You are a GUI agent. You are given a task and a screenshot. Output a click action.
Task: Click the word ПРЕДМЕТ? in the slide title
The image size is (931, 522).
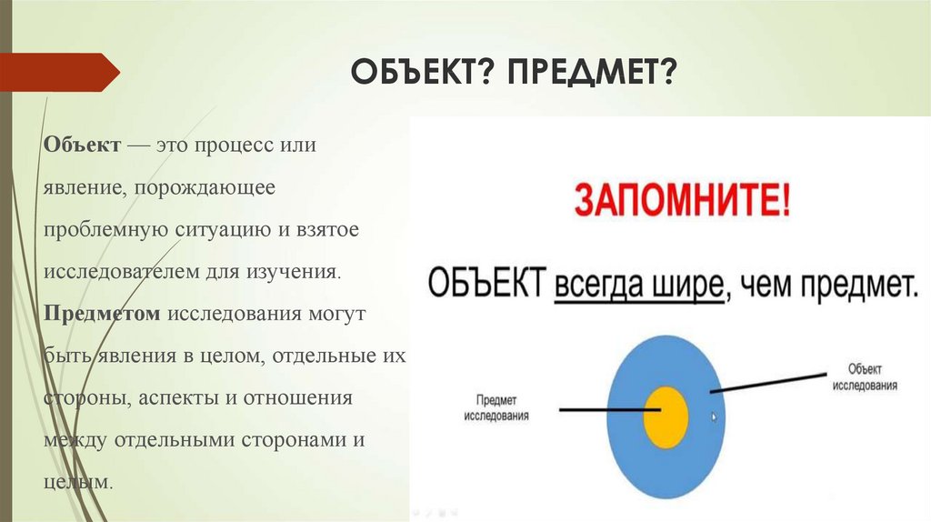pos(591,73)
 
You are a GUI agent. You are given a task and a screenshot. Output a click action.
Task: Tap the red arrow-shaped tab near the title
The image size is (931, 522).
pos(59,73)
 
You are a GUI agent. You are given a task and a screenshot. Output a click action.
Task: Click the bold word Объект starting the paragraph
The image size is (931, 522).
pos(82,145)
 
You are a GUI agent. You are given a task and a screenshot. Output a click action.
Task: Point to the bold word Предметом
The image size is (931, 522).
pos(102,314)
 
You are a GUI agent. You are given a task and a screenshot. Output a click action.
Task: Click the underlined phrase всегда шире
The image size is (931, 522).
pos(639,286)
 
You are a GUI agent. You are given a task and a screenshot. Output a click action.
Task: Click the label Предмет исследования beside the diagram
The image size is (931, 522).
pos(496,408)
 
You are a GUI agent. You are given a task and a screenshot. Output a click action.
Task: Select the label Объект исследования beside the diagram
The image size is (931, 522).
pos(865,377)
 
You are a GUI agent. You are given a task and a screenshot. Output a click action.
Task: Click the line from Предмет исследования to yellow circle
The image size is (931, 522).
pos(610,409)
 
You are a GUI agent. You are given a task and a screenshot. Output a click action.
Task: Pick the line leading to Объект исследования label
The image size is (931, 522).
pos(768,383)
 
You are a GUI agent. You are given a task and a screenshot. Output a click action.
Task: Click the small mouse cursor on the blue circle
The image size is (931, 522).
pos(714,417)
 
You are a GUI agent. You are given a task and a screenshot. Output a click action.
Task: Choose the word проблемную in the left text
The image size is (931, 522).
pos(105,230)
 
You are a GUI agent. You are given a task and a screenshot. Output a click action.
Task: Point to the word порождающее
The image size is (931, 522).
pos(205,187)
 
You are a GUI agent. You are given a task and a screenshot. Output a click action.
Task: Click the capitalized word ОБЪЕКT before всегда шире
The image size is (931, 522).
pos(486,284)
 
